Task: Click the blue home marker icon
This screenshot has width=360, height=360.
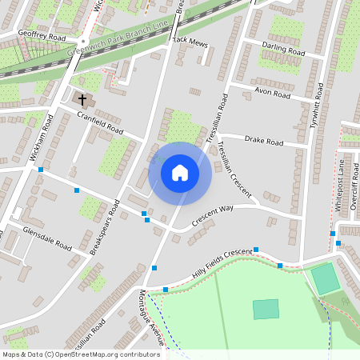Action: coord(180,173)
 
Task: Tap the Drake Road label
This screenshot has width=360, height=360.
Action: coord(264,142)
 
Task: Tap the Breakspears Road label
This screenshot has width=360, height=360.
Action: coord(105,227)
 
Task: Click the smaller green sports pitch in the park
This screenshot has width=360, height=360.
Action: coord(266,309)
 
